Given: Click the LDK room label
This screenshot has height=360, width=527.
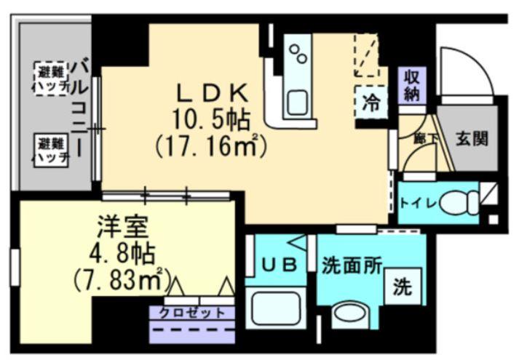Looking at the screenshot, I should pyautogui.click(x=213, y=92).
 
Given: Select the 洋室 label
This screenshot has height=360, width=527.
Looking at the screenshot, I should pyautogui.click(x=122, y=226).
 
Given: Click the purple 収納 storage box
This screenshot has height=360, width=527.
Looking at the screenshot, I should pyautogui.click(x=412, y=85).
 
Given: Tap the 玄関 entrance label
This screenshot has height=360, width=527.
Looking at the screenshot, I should pyautogui.click(x=472, y=137).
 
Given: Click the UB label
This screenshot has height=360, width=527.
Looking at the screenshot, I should pyautogui.click(x=279, y=265).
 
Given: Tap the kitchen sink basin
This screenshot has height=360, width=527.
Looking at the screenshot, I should pyautogui.click(x=298, y=102).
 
